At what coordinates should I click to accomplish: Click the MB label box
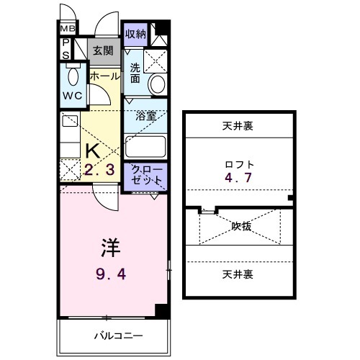67,30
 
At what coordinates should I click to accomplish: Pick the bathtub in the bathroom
146,148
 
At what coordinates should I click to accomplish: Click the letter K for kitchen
93,151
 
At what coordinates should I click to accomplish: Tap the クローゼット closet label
146,175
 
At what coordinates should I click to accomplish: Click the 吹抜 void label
241,225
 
